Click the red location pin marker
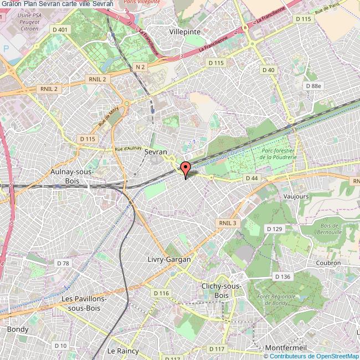click(x=186, y=168)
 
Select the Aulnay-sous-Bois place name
click(x=71, y=176)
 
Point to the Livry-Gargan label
click(x=169, y=259)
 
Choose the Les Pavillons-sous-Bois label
click(x=85, y=303)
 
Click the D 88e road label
click(x=313, y=86)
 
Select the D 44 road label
click(x=251, y=178)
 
